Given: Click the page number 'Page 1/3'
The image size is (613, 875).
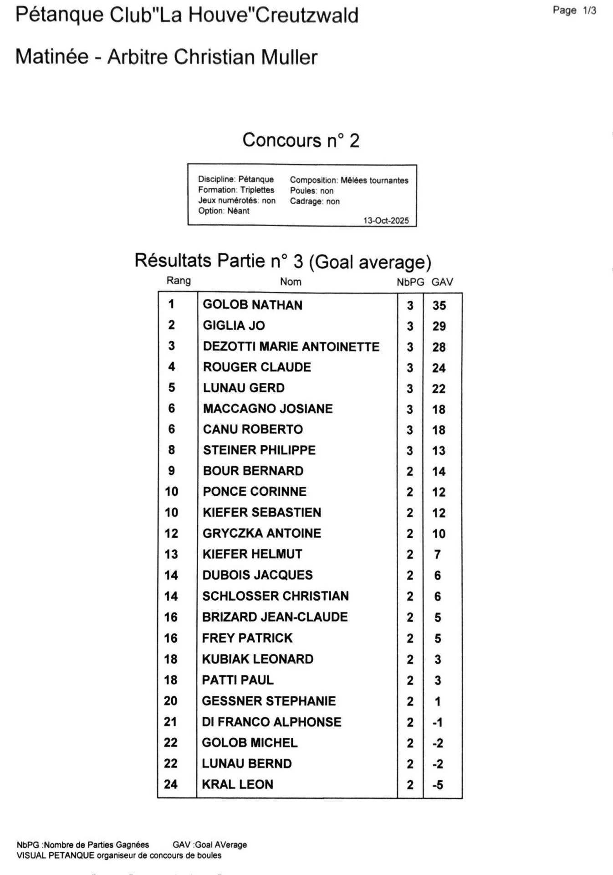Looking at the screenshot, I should (574, 10).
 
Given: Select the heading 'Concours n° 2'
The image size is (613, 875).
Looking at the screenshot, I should (301, 140).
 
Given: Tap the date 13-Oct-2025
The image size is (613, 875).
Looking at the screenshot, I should (386, 221).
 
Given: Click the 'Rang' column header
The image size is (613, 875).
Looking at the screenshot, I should (179, 281).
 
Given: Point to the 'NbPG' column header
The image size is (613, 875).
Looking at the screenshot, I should (410, 282).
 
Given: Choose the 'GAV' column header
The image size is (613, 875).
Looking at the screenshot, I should (442, 282).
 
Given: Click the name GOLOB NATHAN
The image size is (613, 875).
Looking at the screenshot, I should (252, 305).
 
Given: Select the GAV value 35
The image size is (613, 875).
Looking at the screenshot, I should (439, 305).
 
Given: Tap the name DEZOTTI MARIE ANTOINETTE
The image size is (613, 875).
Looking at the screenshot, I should (291, 346).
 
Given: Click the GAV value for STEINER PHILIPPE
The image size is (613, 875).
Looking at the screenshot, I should (439, 451).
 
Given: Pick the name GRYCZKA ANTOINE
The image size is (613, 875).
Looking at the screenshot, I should (262, 533).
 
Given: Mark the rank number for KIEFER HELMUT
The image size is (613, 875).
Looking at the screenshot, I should (171, 554).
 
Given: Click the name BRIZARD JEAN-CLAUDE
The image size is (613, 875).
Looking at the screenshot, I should (275, 617).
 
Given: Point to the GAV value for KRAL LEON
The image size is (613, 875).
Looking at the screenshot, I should (438, 785).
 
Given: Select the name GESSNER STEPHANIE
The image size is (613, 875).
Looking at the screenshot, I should (269, 701).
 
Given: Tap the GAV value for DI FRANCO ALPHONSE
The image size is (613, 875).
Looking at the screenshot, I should (438, 722).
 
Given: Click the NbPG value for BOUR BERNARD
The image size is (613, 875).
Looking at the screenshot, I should (410, 471).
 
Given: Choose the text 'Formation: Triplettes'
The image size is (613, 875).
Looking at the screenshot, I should (236, 190).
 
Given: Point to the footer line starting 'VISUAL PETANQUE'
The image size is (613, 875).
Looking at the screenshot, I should (119, 855).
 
